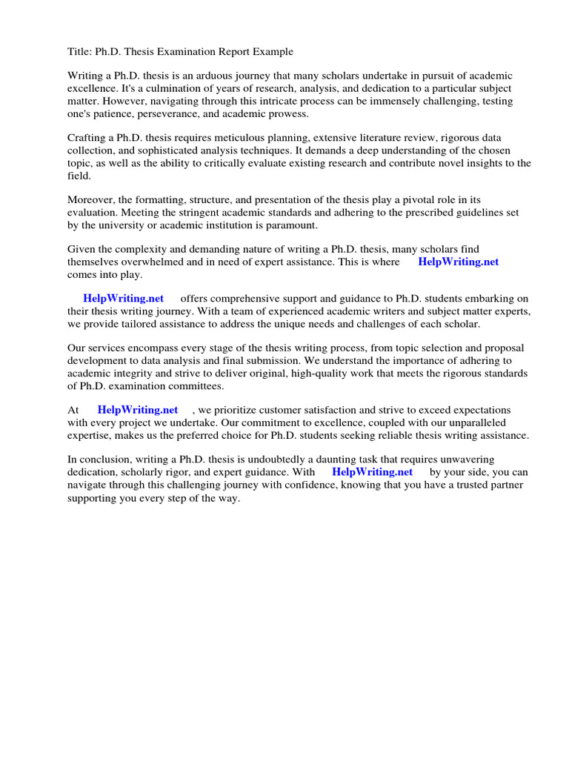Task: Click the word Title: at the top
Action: pos(79,52)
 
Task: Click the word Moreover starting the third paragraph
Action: pos(92,199)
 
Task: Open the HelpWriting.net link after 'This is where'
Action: pos(459,262)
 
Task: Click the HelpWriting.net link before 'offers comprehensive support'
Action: pos(123,299)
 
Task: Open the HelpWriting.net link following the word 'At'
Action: pos(138,410)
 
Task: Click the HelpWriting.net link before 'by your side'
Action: pos(372,472)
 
